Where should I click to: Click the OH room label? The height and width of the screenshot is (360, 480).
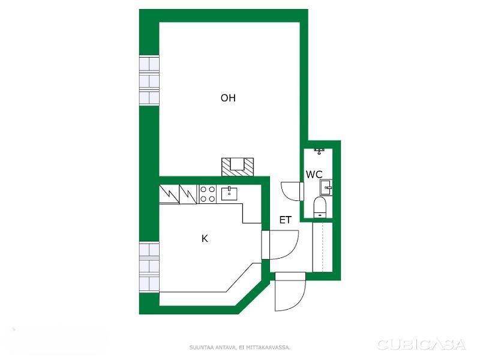tap(228, 98)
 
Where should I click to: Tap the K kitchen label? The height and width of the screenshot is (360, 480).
tap(205, 238)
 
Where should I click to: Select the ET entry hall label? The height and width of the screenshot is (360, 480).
tap(286, 220)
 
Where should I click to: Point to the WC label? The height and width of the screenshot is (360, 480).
tap(314, 175)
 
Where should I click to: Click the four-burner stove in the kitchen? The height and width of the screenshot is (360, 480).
tap(208, 194)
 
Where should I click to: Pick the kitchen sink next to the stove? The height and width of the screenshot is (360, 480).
tap(229, 194)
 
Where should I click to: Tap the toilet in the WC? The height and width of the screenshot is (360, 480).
tap(320, 207)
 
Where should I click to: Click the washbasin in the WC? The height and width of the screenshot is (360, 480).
tap(326, 188)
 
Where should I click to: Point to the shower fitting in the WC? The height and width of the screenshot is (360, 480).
tap(319, 151)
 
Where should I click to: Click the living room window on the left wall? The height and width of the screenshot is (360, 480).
tap(149, 81)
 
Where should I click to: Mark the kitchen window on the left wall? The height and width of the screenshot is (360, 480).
tap(149, 267)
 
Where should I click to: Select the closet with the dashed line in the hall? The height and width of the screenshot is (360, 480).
tap(322, 247)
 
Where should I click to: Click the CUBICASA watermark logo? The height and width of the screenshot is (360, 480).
tap(421, 344)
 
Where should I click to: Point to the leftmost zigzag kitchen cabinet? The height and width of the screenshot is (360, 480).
tap(169, 194)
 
